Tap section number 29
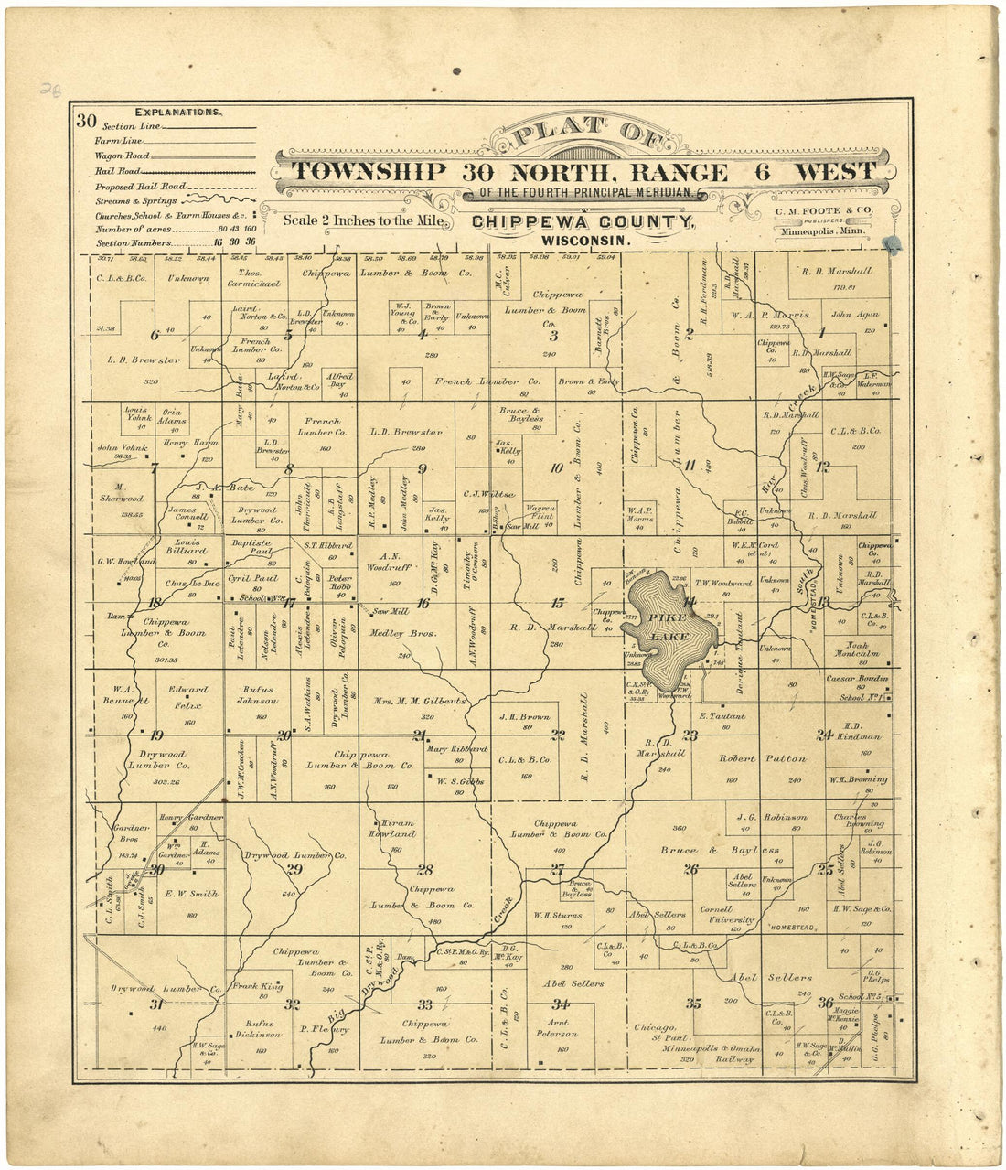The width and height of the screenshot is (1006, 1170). (294, 869)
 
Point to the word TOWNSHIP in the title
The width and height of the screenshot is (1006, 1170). (370, 172)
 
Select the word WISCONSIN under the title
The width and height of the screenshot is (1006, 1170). (585, 240)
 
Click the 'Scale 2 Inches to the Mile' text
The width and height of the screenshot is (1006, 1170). (364, 220)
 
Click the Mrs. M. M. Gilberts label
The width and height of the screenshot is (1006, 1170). (420, 701)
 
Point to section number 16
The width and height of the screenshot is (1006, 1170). (423, 603)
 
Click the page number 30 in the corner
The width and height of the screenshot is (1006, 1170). (86, 120)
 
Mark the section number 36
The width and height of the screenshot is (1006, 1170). (826, 1002)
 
